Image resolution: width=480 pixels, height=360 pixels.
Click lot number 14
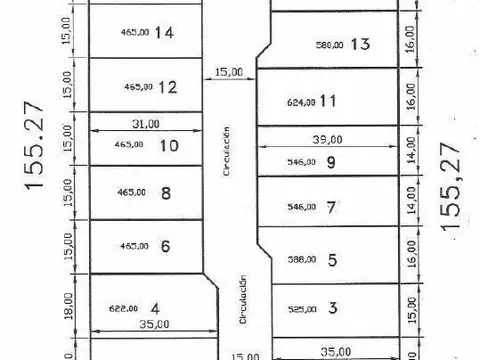pos(165,33)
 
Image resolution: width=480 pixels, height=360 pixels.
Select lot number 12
pos(167,87)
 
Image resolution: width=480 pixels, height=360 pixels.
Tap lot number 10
pos(169,145)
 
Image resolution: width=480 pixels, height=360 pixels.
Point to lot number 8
pos(166,194)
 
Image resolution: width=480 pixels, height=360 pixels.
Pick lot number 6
pos(166,246)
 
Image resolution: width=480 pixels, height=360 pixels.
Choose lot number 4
pos(155,308)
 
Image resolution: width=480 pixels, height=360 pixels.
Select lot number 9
pos(331,164)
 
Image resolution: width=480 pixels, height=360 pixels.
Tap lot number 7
pos(331,207)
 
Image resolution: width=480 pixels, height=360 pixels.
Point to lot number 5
pos(332,260)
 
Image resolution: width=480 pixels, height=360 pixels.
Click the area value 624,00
pos(300,102)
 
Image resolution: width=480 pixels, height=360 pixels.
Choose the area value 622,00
pos(123,309)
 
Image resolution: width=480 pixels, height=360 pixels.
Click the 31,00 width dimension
pos(146,124)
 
